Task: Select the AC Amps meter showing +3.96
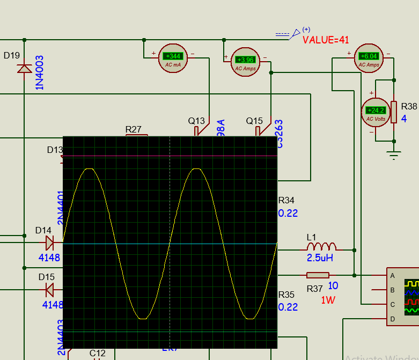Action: tap(246, 62)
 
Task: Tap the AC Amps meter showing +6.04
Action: tap(369, 58)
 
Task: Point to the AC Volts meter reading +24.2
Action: tap(376, 113)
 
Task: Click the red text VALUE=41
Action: tap(326, 40)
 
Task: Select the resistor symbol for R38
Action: tap(394, 112)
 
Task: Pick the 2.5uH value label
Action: tap(320, 258)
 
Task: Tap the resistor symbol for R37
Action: tap(318, 275)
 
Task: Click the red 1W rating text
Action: tap(328, 300)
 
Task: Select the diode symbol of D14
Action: tap(50, 244)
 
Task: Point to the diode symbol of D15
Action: tap(50, 290)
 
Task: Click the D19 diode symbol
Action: tap(24, 69)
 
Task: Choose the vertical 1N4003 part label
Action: tap(40, 72)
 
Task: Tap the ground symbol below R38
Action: tap(394, 155)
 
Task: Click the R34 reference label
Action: tap(286, 201)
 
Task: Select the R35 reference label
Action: tap(286, 295)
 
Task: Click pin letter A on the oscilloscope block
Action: tap(393, 276)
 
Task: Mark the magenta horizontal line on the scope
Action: tap(170, 156)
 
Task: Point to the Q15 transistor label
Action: tap(254, 121)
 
